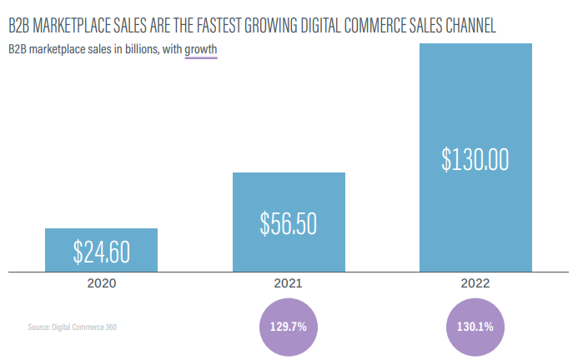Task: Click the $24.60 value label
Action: pyautogui.click(x=101, y=250)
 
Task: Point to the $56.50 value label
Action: pyautogui.click(x=289, y=222)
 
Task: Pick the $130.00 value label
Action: pyautogui.click(x=475, y=158)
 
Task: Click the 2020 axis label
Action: pyautogui.click(x=101, y=283)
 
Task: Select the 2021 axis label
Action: pyautogui.click(x=289, y=283)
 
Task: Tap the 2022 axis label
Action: pyautogui.click(x=475, y=283)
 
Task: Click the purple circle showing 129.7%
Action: pyautogui.click(x=289, y=326)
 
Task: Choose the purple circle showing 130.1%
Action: pyautogui.click(x=475, y=326)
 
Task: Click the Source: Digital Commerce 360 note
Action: pyautogui.click(x=72, y=327)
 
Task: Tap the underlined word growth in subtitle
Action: pyautogui.click(x=201, y=50)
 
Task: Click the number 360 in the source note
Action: pyautogui.click(x=110, y=327)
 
